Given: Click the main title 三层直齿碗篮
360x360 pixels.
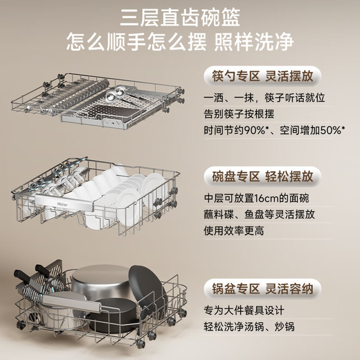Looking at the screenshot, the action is [x=180, y=17].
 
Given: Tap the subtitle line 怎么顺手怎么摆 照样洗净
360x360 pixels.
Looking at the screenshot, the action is [x=180, y=42].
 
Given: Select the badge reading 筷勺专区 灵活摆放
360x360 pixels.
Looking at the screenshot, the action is [x=262, y=76].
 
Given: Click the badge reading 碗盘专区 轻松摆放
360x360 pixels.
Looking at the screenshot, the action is [x=262, y=176].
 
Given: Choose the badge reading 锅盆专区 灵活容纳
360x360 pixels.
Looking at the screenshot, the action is [x=262, y=289].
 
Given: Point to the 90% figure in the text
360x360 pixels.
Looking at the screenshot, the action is [x=254, y=130].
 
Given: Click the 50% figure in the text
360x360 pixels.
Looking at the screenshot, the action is [x=331, y=130].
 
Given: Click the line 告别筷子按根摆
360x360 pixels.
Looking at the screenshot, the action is [x=238, y=114].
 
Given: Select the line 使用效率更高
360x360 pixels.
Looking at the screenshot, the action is [x=234, y=231].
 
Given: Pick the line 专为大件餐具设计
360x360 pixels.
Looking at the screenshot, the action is [x=244, y=310].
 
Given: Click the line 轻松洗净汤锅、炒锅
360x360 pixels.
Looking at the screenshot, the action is [x=249, y=326].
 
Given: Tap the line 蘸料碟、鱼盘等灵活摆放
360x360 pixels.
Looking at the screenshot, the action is [x=259, y=214].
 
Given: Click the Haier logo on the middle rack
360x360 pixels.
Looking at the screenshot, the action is [x=62, y=204].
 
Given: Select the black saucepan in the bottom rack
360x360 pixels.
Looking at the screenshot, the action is [x=115, y=314].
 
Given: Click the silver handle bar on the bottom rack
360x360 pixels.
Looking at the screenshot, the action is [x=71, y=304].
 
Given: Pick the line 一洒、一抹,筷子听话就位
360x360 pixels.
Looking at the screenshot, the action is [x=264, y=98].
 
